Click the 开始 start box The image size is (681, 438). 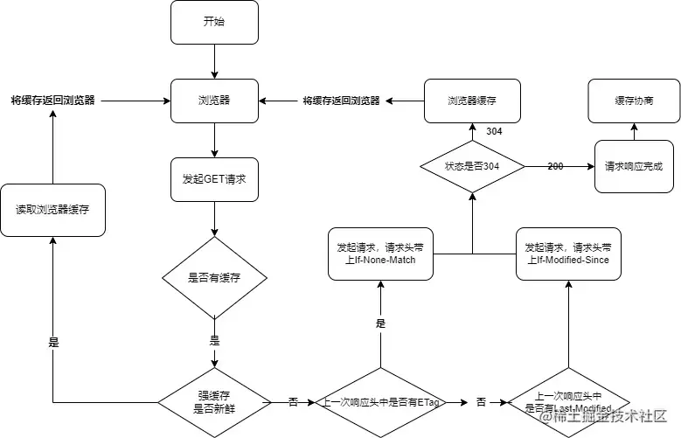pyautogui.click(x=213, y=22)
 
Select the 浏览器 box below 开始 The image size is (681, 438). pyautogui.click(x=213, y=101)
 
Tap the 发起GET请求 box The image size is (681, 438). pyautogui.click(x=213, y=184)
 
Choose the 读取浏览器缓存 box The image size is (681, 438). pyautogui.click(x=52, y=210)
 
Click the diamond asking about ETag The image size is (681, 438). pyautogui.click(x=380, y=402)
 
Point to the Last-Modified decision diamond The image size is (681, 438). pyautogui.click(x=568, y=402)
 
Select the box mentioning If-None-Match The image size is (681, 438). pyautogui.click(x=380, y=254)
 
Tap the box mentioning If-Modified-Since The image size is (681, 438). pyautogui.click(x=568, y=254)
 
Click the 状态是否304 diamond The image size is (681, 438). pyautogui.click(x=472, y=166)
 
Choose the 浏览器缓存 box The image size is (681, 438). pyautogui.click(x=472, y=101)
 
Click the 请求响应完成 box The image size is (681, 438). pyautogui.click(x=634, y=166)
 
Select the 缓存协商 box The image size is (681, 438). pyautogui.click(x=634, y=101)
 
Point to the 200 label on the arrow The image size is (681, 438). pyautogui.click(x=556, y=165)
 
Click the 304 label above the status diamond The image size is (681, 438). pyautogui.click(x=494, y=130)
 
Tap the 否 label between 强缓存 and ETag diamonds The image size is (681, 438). pyautogui.click(x=293, y=402)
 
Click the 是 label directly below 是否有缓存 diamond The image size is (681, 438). pyautogui.click(x=214, y=339)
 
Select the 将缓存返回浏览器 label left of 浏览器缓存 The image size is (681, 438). pyautogui.click(x=341, y=101)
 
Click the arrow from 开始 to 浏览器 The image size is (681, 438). pyautogui.click(x=213, y=61)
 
